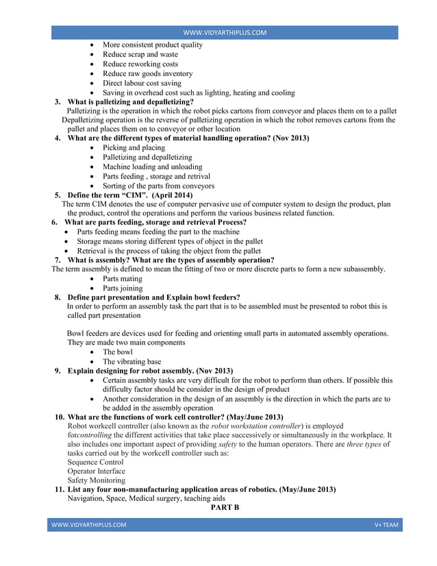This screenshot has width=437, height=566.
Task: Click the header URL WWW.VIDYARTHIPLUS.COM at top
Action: [225, 32]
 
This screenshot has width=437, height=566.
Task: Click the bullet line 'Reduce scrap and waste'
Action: [140, 54]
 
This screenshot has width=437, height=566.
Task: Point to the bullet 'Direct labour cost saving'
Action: [142, 83]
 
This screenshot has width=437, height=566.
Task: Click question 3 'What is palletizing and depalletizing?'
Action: [131, 101]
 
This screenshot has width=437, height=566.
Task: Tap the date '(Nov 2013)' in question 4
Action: [291, 138]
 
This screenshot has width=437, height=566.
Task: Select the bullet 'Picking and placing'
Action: [134, 148]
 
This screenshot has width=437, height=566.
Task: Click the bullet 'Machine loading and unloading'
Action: [152, 167]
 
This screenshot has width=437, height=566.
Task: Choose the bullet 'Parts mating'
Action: [123, 279]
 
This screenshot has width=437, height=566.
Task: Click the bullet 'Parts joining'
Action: [123, 288]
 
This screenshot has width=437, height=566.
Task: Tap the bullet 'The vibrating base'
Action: [132, 362]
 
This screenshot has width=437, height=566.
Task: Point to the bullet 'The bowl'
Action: [118, 352]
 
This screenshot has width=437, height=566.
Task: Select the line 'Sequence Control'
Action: [95, 463]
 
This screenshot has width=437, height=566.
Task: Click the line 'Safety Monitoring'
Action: [96, 480]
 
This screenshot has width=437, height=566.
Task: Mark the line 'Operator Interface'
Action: [96, 471]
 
